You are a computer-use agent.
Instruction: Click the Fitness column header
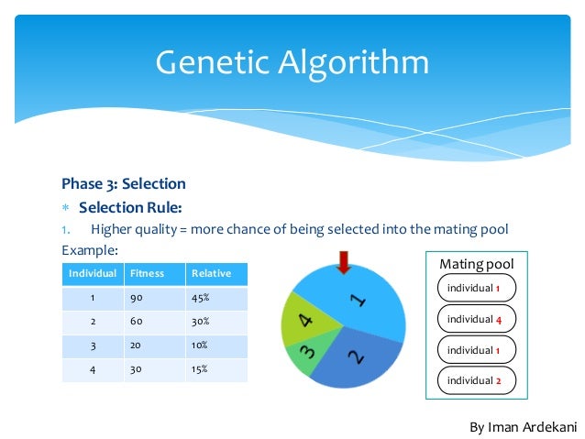pyautogui.click(x=147, y=273)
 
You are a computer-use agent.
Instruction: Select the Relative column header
pyautogui.click(x=211, y=273)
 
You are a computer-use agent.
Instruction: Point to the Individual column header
pyautogui.click(x=93, y=273)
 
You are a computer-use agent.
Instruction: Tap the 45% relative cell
pyautogui.click(x=200, y=298)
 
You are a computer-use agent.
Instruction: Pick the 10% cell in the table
pyautogui.click(x=200, y=346)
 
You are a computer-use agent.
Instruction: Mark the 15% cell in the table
pyautogui.click(x=200, y=369)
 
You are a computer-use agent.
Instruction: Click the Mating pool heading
pyautogui.click(x=476, y=264)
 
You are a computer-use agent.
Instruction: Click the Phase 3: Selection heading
pyautogui.click(x=124, y=184)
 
